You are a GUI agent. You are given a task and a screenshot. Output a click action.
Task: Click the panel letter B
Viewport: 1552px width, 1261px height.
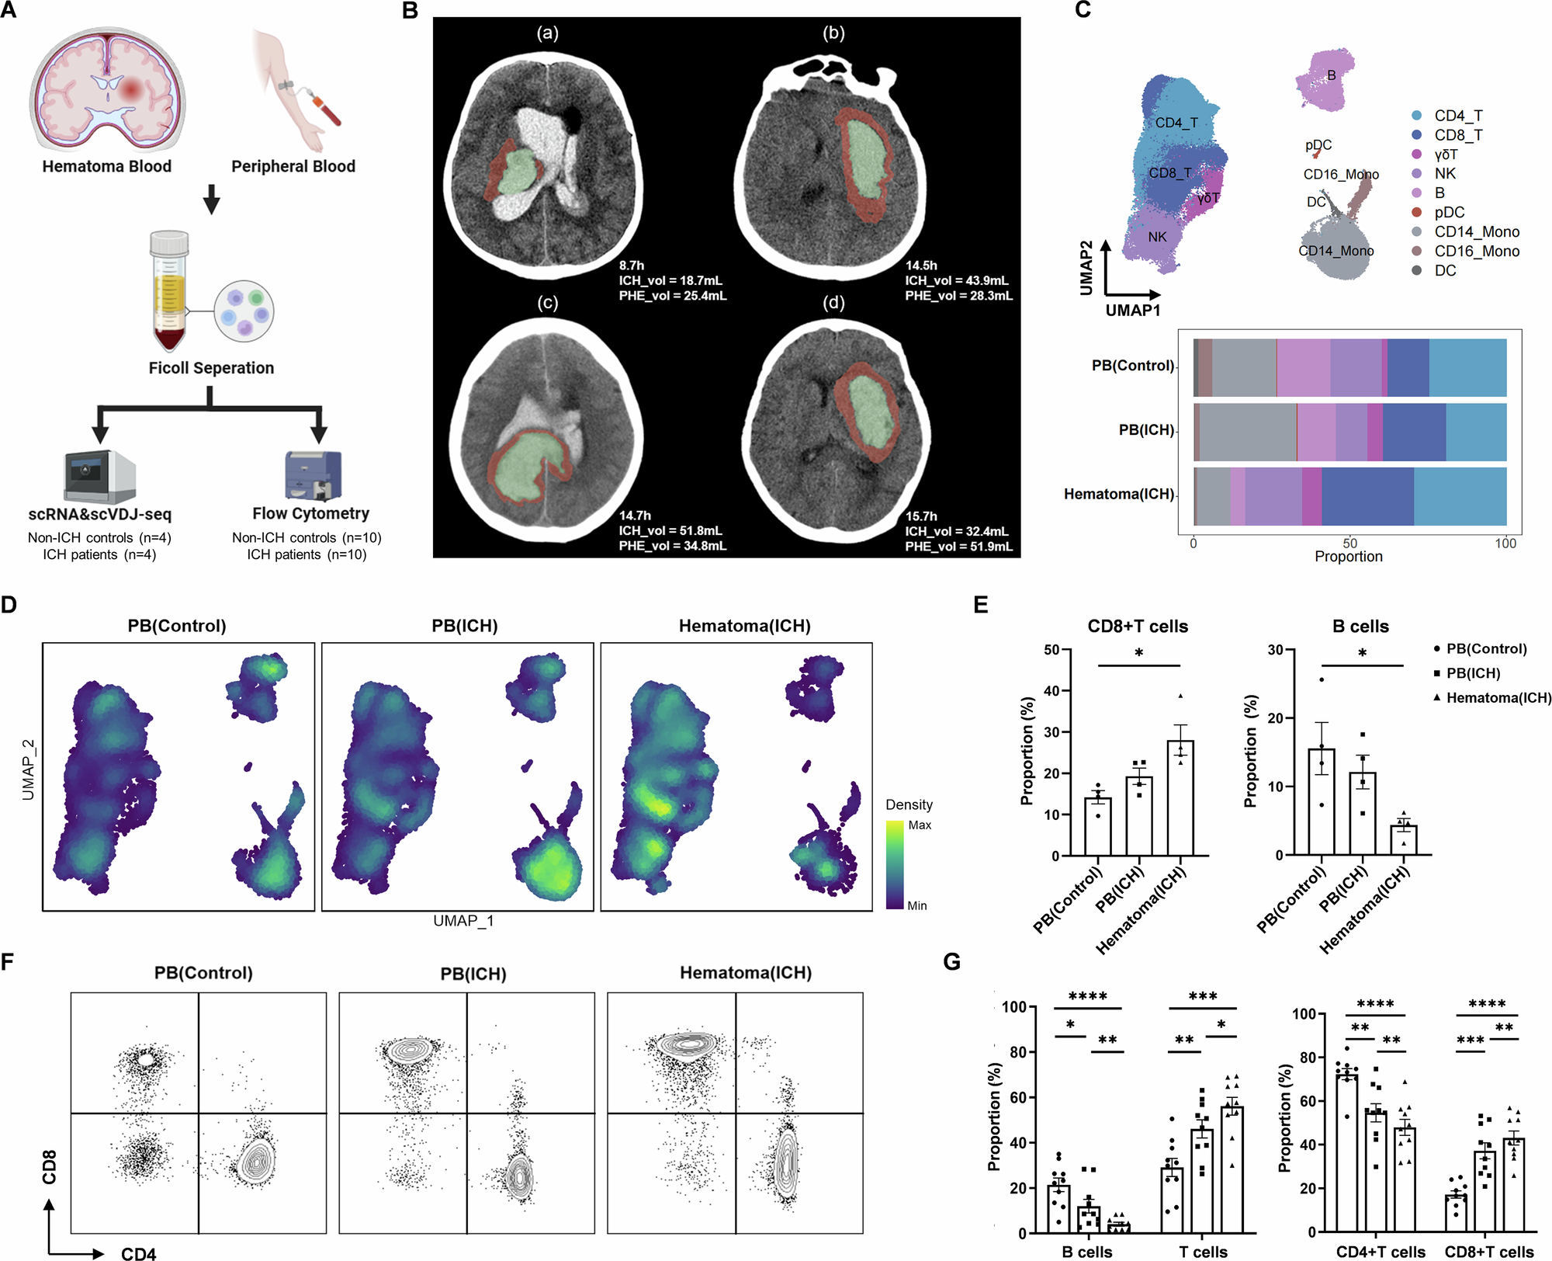pos(410,11)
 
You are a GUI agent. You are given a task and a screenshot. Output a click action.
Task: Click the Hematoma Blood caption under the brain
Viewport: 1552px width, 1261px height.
pos(106,166)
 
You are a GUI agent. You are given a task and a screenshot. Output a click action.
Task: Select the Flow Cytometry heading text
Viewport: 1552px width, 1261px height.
pos(310,513)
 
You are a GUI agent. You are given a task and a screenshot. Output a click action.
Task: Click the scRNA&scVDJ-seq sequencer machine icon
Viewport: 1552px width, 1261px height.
pos(99,476)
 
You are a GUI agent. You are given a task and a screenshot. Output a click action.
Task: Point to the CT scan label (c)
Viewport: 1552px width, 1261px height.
pos(548,303)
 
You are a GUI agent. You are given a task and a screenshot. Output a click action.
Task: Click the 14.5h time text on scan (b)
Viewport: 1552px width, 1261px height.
pos(920,266)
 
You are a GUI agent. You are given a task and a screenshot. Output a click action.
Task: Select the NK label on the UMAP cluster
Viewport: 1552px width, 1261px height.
pos(1157,237)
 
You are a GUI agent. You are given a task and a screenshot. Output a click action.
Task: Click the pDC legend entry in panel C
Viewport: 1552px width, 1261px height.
pos(1449,212)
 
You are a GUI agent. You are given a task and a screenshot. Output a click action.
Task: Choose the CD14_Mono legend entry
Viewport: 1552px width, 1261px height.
pos(1476,231)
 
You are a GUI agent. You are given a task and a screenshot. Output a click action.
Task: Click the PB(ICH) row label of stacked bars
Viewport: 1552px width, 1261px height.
pos(1145,430)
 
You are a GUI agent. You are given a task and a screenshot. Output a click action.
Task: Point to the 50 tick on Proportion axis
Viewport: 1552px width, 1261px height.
pos(1349,544)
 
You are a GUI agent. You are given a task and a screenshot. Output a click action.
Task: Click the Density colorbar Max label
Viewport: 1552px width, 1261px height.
pos(920,825)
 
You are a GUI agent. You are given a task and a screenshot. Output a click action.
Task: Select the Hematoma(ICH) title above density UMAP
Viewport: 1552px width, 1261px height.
pos(744,626)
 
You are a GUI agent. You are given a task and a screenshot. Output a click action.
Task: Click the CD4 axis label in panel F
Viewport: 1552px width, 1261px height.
pos(138,1252)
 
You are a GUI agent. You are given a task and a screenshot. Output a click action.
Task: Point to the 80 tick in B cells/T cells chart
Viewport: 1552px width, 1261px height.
pos(1017,1052)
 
